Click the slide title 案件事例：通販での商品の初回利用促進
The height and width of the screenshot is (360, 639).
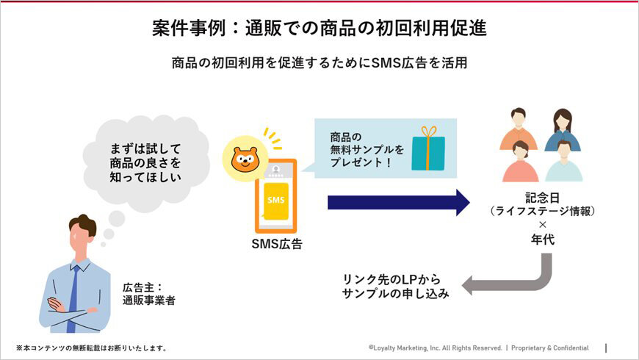(x=319, y=28)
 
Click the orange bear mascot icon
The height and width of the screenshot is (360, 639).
(x=244, y=159)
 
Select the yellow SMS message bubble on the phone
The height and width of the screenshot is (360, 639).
(x=275, y=200)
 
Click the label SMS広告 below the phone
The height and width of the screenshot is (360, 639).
(x=275, y=244)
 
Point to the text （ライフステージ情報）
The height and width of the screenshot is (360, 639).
(x=541, y=212)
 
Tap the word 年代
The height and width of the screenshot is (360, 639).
(x=542, y=239)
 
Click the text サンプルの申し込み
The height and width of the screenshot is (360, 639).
(x=394, y=292)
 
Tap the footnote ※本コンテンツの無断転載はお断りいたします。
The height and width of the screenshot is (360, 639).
(x=91, y=348)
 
